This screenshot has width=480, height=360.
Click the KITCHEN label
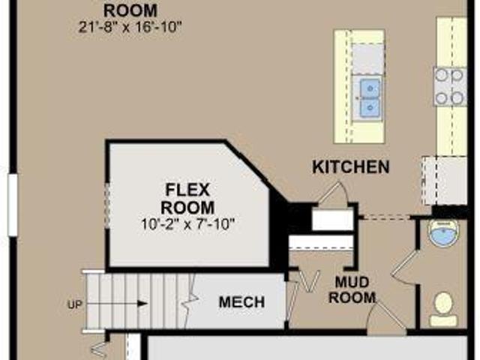coord(351,167)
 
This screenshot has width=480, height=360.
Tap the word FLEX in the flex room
coord(187,190)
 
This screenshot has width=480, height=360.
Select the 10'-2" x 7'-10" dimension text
coord(187,224)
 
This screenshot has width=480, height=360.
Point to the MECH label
coord(241,302)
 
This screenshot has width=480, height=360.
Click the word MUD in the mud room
coord(352,282)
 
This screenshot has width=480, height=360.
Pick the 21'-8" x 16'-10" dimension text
coord(130,28)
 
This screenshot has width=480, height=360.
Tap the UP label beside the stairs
coord(75,305)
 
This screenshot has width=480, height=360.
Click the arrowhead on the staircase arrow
coord(142,304)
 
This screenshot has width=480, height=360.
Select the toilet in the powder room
coord(443,309)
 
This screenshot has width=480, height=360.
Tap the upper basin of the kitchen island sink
coord(370,88)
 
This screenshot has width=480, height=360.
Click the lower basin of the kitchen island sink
coord(370,108)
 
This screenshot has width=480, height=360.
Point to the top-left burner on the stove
coord(441,75)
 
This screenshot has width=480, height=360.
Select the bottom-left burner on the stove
coord(441,98)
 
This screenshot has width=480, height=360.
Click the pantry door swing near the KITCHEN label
coord(334,192)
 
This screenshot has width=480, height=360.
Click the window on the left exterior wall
coord(13,205)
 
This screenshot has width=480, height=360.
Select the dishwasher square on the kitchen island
coord(367,58)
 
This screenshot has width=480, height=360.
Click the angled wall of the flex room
coord(256,172)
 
